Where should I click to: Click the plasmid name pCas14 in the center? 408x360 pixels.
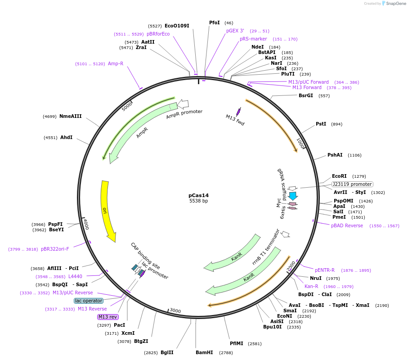198,195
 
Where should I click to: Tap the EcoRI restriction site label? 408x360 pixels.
339,176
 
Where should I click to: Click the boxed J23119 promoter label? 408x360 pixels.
352,184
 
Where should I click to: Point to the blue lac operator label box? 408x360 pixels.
89,301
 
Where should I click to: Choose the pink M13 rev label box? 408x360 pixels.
108,317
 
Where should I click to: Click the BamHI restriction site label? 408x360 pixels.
204,352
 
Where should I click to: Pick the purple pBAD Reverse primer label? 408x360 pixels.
347,225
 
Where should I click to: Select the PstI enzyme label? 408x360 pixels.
321,124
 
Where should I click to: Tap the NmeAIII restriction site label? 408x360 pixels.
70,116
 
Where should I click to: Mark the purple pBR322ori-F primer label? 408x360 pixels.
55,249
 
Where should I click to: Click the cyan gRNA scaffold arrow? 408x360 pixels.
293,196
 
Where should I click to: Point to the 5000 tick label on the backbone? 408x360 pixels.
128,106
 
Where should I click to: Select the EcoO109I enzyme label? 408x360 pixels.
177,26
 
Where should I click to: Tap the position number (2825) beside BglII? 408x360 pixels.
151,352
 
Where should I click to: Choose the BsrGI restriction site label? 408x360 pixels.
305,95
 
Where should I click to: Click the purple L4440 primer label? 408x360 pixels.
75,276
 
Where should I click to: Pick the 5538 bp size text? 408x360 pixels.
198,201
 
